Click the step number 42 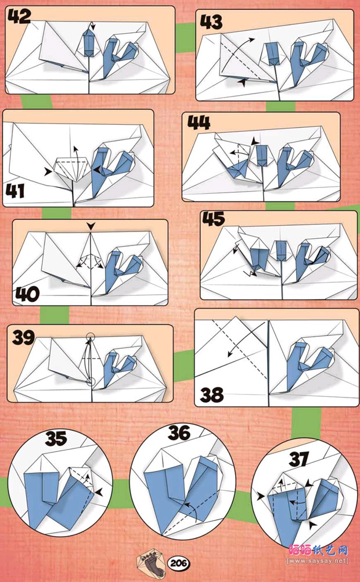point(19,16)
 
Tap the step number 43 point(211,22)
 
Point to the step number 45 point(214,219)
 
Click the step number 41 point(15,191)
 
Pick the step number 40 point(27,295)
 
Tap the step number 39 point(23,337)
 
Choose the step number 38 point(212,395)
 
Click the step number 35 point(56,438)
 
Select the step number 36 point(179,433)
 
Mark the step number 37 point(299,460)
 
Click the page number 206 point(179,563)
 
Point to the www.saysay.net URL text point(318,561)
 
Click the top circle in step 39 point(89,337)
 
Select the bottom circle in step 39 point(89,381)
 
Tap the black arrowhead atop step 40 point(91,226)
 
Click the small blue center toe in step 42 point(88,43)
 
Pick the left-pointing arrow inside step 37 point(296,503)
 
